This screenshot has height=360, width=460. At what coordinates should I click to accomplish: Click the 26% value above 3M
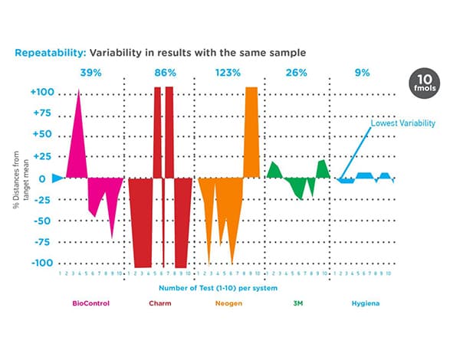(x=297, y=73)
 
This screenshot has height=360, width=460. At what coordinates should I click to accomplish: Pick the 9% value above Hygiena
(x=362, y=73)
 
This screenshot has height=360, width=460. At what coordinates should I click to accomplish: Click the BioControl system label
(x=90, y=303)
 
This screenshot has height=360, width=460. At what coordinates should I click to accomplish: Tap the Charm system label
(x=161, y=303)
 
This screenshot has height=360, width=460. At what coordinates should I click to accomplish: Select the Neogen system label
(x=228, y=303)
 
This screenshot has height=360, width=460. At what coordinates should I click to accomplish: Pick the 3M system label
(x=297, y=303)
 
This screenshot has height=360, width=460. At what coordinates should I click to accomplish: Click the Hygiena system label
(x=363, y=303)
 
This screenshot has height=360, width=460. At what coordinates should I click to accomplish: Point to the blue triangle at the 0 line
(x=58, y=178)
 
